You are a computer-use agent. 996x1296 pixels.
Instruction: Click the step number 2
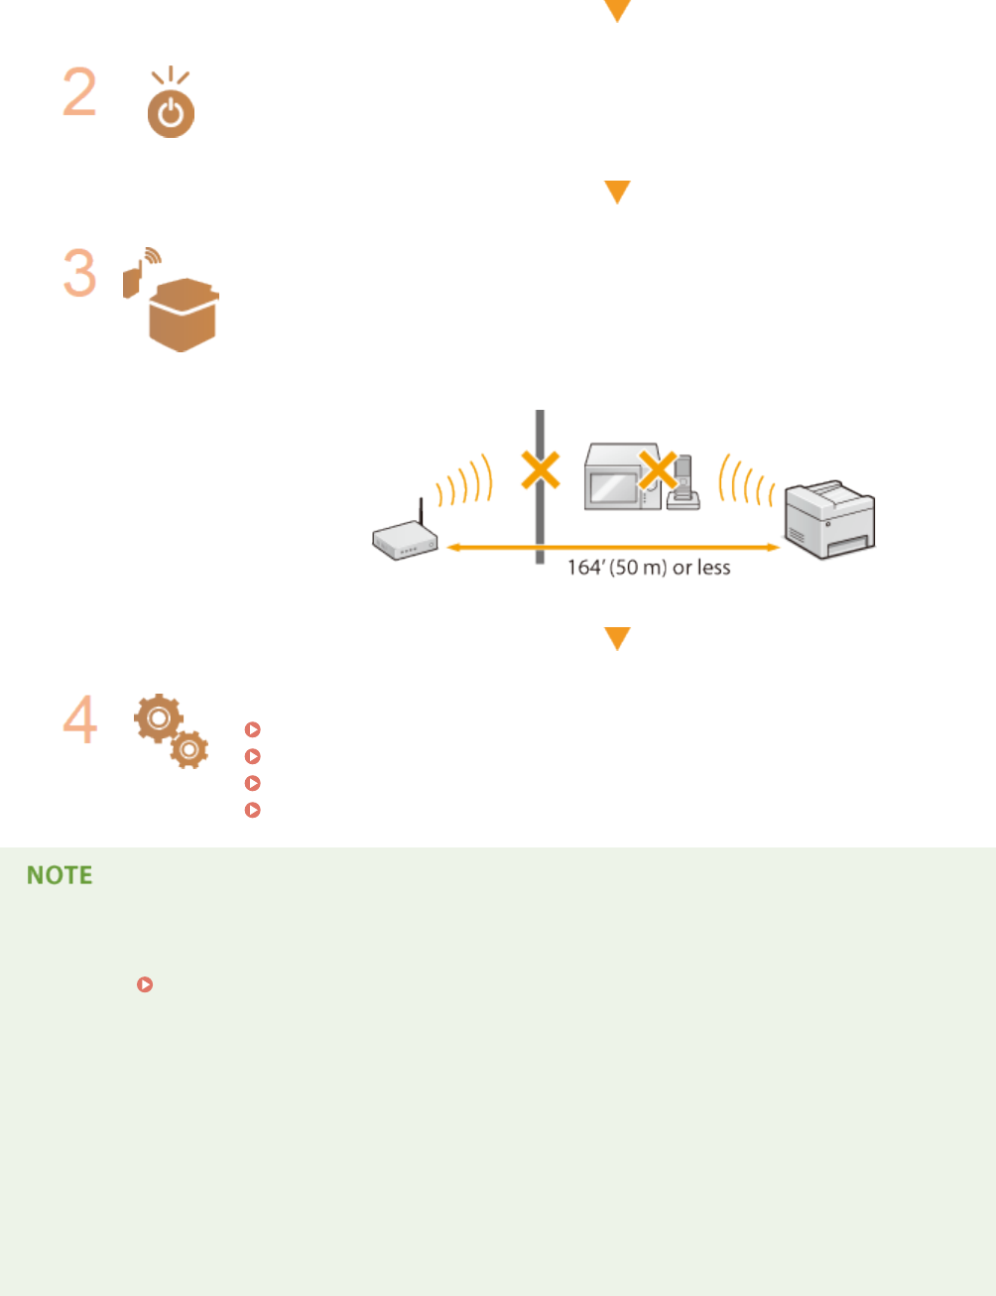(79, 92)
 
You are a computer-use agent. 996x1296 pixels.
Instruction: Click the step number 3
(79, 273)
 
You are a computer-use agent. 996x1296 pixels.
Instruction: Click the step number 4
(79, 719)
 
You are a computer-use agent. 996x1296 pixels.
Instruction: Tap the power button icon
(171, 113)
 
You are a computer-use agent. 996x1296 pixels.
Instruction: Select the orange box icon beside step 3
(183, 315)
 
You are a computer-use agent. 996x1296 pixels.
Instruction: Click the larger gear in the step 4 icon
(158, 716)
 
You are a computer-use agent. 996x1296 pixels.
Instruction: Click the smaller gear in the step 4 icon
(188, 748)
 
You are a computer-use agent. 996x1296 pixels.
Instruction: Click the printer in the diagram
(829, 520)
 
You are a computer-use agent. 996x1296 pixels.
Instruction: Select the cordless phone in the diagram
(683, 483)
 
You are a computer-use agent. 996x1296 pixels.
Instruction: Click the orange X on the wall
(541, 470)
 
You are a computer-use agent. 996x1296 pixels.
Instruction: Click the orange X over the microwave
(657, 470)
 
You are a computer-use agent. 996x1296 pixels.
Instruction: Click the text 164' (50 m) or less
(649, 568)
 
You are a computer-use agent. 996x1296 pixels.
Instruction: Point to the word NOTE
(60, 875)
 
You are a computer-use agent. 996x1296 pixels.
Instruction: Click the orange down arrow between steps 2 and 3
(617, 192)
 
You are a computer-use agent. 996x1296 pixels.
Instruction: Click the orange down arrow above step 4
(617, 638)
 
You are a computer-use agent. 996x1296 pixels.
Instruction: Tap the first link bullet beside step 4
(253, 729)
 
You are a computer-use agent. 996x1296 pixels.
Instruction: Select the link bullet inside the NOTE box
(145, 984)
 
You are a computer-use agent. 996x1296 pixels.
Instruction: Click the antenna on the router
(421, 513)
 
